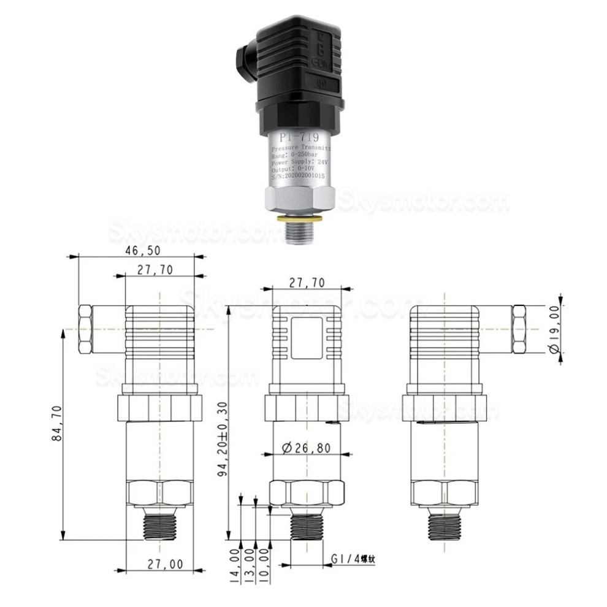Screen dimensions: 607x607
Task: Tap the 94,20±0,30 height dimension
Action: tap(224, 440)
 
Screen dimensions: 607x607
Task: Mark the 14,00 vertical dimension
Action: tap(234, 563)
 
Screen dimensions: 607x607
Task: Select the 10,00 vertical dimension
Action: tap(264, 563)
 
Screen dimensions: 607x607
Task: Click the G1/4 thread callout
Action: tap(353, 559)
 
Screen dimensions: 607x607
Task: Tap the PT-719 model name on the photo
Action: tap(299, 137)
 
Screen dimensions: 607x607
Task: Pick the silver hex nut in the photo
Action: tap(299, 199)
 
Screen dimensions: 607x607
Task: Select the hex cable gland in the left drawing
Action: tap(85, 330)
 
